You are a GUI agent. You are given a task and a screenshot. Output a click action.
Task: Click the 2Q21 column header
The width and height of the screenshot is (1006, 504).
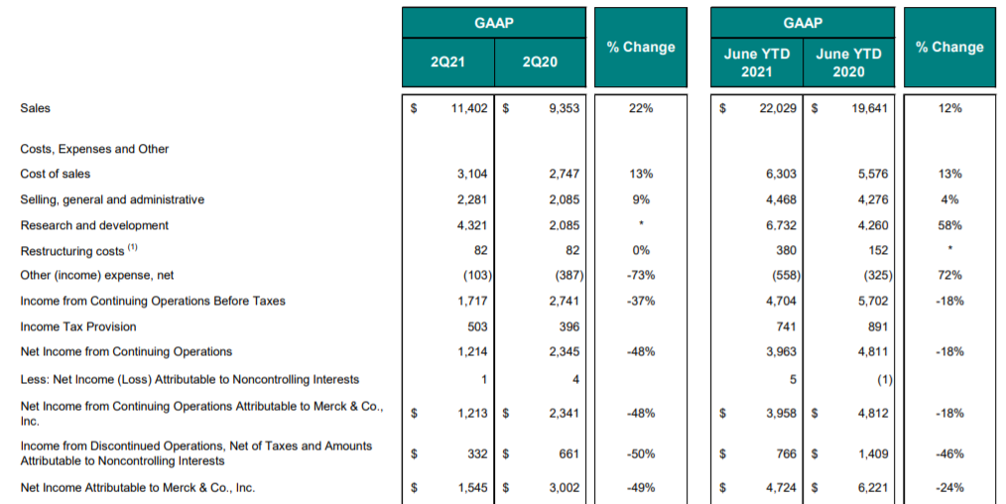coord(447,63)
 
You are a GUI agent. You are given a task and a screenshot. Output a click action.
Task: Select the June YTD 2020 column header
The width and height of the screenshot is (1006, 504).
coord(848,63)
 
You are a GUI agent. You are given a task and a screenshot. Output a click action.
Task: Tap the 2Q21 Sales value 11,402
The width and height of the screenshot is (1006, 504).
coord(469,108)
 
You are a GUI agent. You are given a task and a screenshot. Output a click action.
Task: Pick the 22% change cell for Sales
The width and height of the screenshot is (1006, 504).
coord(640,108)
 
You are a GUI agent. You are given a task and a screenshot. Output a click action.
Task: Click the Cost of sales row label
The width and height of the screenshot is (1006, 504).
coord(56,174)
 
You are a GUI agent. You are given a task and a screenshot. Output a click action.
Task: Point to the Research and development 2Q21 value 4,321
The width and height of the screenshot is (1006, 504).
coord(472,225)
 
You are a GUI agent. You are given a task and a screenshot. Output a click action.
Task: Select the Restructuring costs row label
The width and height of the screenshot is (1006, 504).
coord(72,251)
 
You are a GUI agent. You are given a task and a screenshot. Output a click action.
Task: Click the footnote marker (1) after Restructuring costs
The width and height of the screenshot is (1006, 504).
coord(132,247)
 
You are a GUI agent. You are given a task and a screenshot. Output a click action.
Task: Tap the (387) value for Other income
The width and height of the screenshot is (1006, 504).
coord(569,275)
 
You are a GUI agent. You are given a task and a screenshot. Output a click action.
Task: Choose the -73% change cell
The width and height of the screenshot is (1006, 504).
coord(640,275)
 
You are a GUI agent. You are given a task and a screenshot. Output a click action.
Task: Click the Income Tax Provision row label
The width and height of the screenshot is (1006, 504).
coord(78,326)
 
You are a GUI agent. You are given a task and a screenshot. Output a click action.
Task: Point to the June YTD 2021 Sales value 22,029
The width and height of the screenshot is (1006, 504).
coord(778,108)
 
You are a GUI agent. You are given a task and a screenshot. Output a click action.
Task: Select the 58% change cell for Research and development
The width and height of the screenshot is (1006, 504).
coord(949,225)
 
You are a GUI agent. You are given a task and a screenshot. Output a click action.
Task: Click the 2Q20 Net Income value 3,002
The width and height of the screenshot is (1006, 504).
coord(564,488)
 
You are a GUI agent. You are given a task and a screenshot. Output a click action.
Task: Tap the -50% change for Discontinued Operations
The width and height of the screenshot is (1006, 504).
coord(640,454)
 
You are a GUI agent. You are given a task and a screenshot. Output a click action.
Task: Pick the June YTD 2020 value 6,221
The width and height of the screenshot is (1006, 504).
coord(873,488)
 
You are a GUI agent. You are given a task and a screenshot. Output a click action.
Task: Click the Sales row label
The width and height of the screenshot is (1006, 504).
coord(36,108)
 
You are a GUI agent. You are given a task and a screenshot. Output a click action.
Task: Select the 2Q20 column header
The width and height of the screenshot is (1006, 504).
coord(540,63)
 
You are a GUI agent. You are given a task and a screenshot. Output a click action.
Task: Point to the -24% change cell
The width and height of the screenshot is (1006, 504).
coord(949,488)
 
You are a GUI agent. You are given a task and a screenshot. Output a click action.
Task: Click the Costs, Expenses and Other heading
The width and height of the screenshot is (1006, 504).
coord(94,149)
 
